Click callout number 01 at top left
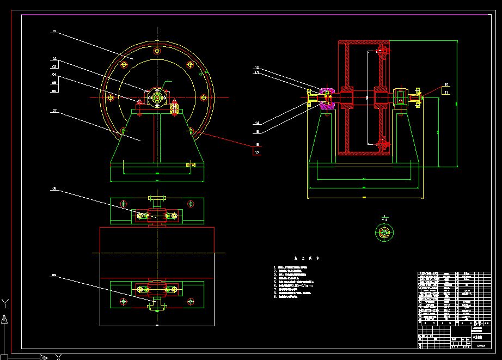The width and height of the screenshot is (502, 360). click(x=54, y=32)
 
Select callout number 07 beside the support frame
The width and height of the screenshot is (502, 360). click(x=54, y=111)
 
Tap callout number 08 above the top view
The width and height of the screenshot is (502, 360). click(x=54, y=188)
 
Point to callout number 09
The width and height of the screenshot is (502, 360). click(x=54, y=276)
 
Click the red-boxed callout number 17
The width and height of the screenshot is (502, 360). click(x=257, y=153)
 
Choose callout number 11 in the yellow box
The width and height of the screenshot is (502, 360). click(x=446, y=93)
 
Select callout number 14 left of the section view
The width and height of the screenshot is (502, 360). click(x=256, y=123)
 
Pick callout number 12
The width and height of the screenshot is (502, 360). click(x=256, y=68)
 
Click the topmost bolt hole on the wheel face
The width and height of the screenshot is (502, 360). click(x=157, y=51)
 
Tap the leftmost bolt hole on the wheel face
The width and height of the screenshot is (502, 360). click(x=111, y=98)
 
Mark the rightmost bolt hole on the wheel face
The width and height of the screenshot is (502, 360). click(x=204, y=98)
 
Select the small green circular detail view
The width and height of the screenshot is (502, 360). click(x=384, y=233)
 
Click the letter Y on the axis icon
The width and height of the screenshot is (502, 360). click(x=5, y=303)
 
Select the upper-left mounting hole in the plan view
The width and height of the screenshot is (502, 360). click(x=124, y=204)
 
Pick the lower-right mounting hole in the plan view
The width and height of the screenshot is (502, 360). click(x=191, y=300)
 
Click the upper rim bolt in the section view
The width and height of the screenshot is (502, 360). click(x=383, y=52)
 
